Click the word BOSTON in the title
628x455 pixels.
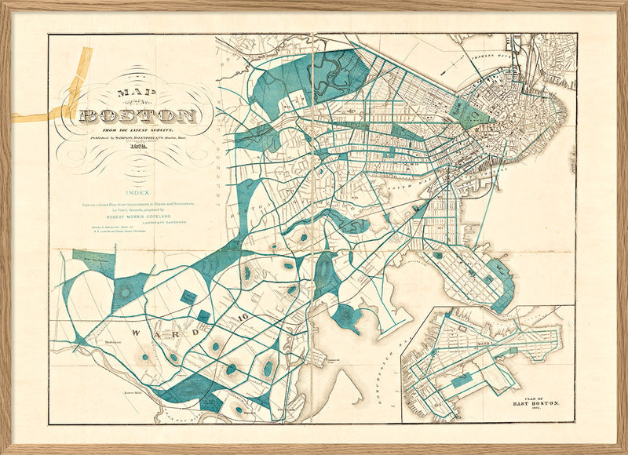point(137,117)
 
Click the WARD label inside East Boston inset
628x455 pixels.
point(485,343)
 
